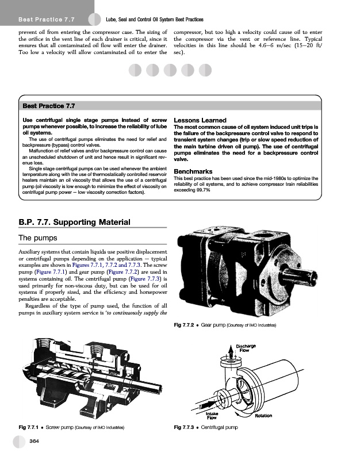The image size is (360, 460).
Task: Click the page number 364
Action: pos(35,441)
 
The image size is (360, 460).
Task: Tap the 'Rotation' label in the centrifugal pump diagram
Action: pos(263,416)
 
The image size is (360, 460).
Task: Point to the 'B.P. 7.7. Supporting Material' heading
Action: pos(75,222)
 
